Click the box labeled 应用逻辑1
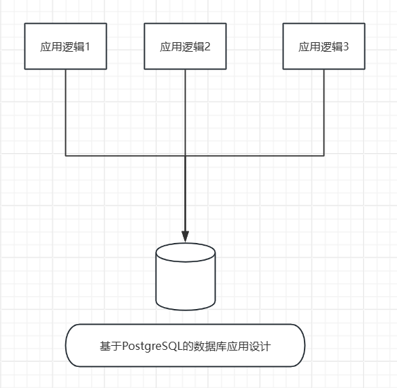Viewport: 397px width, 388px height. pos(66,46)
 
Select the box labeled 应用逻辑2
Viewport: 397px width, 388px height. pos(185,46)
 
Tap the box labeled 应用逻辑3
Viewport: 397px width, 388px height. pos(324,46)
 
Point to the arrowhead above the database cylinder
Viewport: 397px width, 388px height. pos(186,236)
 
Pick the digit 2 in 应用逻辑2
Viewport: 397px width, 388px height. pos(207,47)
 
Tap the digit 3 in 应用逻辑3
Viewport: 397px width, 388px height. pos(346,47)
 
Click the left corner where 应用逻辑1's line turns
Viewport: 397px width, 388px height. pos(66,155)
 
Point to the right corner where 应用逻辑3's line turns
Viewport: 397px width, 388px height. pos(324,155)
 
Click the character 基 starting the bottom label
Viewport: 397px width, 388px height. pos(105,346)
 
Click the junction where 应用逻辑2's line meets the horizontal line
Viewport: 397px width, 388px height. pos(186,155)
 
